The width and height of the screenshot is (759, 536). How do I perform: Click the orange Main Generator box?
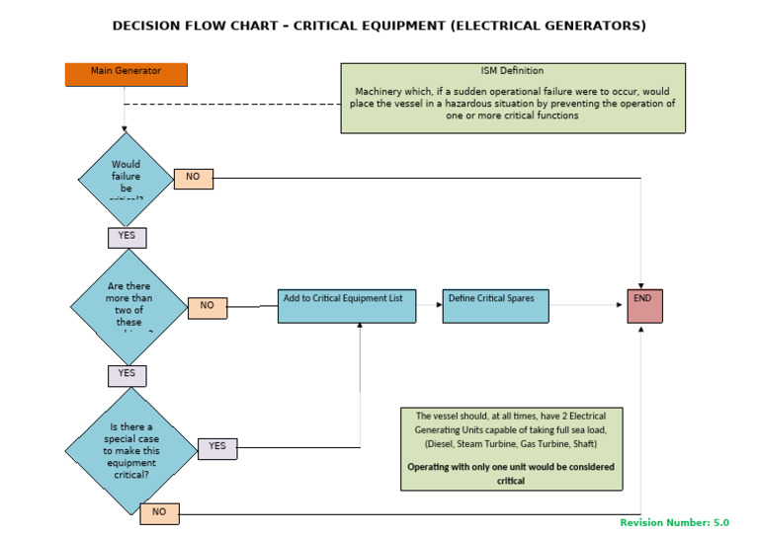(126, 74)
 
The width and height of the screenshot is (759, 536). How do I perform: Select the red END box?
(644, 305)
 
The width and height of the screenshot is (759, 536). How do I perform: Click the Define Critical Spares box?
(495, 305)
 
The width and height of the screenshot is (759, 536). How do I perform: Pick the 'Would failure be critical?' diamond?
(126, 178)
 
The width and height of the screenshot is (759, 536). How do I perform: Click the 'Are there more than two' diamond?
(128, 306)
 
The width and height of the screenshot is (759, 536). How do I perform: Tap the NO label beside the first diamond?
(193, 178)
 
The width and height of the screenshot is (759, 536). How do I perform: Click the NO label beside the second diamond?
(207, 307)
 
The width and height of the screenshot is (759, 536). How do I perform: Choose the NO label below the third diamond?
(159, 512)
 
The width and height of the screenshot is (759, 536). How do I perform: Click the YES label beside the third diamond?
(217, 448)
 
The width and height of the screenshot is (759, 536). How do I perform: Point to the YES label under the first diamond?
(127, 237)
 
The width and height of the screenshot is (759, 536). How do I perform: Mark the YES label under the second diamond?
(127, 375)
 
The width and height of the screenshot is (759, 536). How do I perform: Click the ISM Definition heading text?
(513, 71)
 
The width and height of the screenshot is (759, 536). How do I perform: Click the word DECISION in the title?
(150, 25)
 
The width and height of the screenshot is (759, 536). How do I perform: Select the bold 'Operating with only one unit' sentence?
(511, 473)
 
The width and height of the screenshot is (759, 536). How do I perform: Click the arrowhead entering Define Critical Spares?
(439, 305)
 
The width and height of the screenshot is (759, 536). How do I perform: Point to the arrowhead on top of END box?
(641, 285)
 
